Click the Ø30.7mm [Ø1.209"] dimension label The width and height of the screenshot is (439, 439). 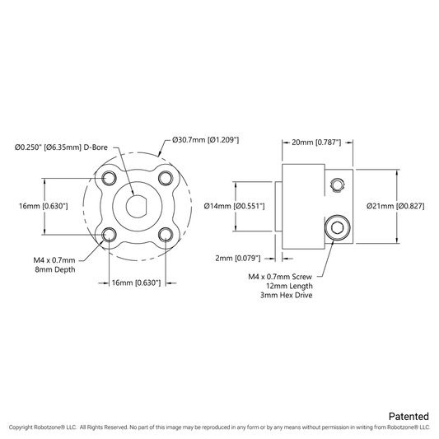(x=206, y=140)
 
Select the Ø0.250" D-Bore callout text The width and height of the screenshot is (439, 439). (x=61, y=147)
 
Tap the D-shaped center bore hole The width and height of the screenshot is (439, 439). (x=138, y=207)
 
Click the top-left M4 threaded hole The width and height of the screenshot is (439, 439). (x=110, y=178)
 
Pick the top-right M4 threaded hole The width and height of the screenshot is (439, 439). (x=166, y=178)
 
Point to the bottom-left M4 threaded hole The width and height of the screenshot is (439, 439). (x=110, y=235)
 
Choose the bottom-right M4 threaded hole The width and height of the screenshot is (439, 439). (x=166, y=235)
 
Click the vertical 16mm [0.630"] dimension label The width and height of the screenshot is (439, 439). (x=44, y=207)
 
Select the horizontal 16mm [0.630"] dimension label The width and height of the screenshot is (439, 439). (x=137, y=283)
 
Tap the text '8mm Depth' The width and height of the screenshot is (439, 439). (x=55, y=269)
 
